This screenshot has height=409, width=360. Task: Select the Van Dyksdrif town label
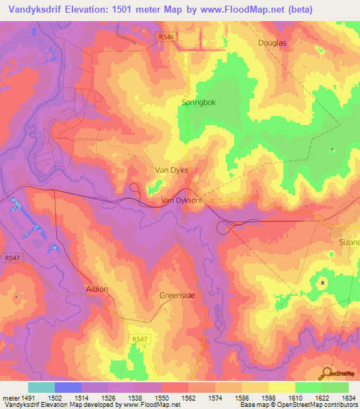[181, 200]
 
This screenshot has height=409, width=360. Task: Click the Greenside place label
[177, 296]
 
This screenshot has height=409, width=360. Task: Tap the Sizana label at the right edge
[347, 242]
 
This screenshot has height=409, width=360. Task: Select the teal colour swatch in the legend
[41, 387]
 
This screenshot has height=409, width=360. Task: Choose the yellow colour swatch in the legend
[282, 387]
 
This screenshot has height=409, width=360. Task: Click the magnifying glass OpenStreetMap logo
[327, 373]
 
